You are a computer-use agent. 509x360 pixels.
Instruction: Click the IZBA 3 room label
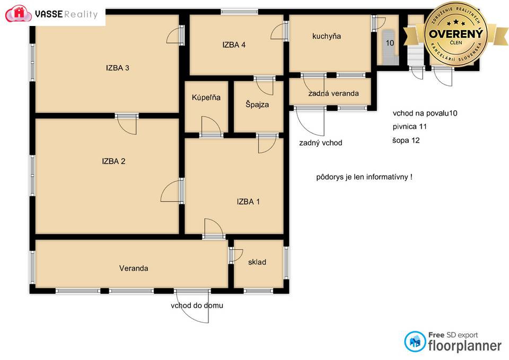118,68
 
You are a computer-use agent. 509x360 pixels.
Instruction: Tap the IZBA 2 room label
113,161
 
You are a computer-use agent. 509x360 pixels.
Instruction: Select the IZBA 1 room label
248,201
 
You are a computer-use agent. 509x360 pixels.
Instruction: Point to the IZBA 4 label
234,45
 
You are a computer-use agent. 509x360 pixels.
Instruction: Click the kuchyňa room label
327,37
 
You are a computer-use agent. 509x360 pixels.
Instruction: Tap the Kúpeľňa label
206,98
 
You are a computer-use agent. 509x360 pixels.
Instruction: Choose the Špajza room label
257,104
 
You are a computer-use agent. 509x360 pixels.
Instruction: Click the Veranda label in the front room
134,268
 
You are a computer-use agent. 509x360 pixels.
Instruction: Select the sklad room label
257,262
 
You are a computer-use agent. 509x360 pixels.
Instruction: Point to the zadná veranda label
334,93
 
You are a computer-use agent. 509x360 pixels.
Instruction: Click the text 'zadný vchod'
321,143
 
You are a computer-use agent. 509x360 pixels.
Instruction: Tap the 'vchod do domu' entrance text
197,305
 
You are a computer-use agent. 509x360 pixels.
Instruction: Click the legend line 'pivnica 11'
410,127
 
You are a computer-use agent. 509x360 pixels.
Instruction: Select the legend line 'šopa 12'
406,141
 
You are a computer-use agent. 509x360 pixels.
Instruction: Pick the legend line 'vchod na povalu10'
425,113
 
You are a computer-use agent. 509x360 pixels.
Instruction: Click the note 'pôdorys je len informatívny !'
364,177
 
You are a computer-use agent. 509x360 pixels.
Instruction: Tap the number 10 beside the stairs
390,43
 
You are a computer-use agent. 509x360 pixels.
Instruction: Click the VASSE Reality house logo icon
19,14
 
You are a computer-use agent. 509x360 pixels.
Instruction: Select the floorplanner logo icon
415,342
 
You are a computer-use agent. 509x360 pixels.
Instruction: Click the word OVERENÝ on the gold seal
456,33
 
